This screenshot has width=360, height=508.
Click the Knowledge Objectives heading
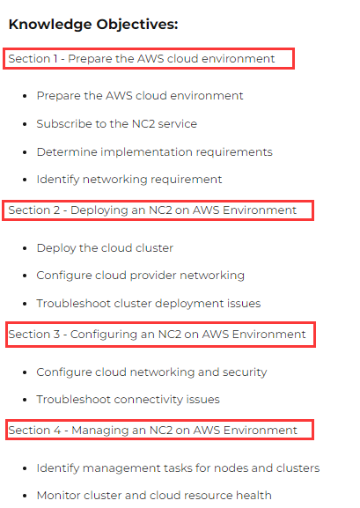click(93, 25)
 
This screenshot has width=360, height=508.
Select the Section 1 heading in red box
click(142, 59)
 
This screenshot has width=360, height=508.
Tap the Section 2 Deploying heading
click(152, 210)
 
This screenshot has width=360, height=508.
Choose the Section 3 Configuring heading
click(157, 335)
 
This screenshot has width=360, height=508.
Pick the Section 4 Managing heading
click(152, 431)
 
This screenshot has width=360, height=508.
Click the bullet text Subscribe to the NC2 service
click(117, 124)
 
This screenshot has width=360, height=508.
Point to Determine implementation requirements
click(155, 152)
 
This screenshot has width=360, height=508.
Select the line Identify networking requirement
click(129, 180)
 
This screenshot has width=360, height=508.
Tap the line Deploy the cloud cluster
click(105, 248)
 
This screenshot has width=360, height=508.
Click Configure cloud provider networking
click(140, 276)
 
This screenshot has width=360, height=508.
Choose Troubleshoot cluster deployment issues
click(149, 304)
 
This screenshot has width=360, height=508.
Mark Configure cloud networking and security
click(151, 372)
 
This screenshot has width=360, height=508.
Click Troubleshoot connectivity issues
click(128, 400)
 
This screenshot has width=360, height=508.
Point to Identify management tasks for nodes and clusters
click(178, 468)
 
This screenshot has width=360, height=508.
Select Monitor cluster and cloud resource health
click(154, 496)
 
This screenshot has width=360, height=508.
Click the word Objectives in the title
click(137, 25)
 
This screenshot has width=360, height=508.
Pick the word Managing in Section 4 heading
click(100, 431)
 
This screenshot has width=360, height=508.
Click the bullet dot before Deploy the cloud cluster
click(25, 248)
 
